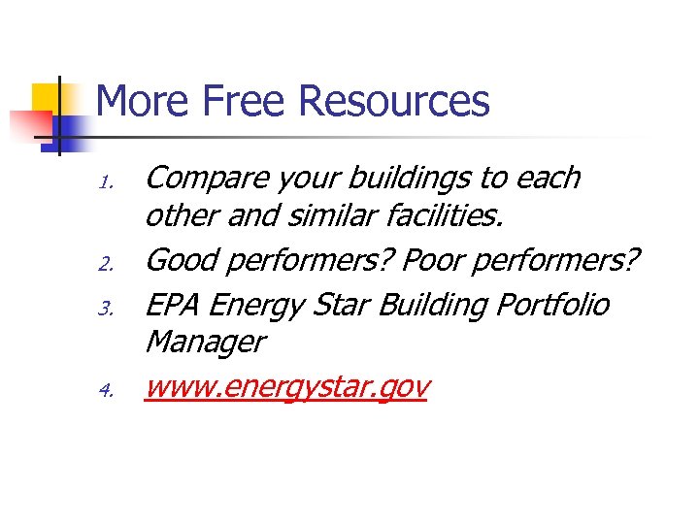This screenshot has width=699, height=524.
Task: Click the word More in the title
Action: pos(143,101)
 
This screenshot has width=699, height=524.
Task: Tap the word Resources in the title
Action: pos(394,101)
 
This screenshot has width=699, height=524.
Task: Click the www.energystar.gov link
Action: pos(286,388)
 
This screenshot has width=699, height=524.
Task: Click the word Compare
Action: pos(206,179)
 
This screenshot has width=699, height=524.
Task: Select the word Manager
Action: pos(204,342)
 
